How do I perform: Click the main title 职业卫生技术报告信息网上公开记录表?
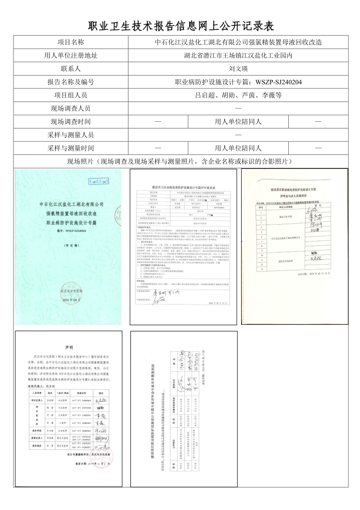[x=180, y=25]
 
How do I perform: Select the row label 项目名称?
[x=71, y=42]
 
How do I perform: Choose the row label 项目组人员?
[x=71, y=95]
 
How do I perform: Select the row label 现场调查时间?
[x=71, y=122]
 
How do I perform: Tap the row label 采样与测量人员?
[x=71, y=135]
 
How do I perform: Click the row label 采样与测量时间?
[x=71, y=148]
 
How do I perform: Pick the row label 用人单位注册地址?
[x=71, y=55]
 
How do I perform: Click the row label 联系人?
[x=71, y=69]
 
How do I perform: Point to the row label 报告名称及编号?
[x=71, y=82]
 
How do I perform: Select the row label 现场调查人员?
[x=71, y=109]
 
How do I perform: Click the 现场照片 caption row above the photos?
[x=180, y=161]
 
